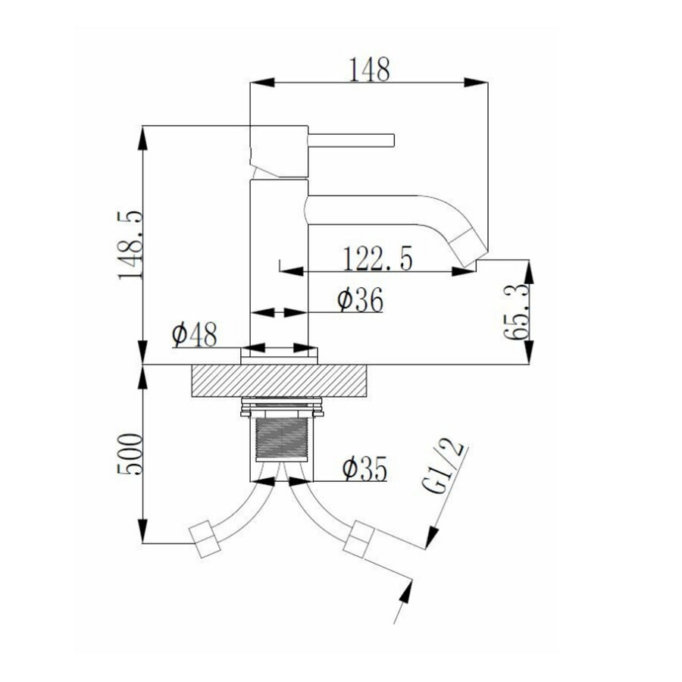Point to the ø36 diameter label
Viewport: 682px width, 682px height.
pos(359,301)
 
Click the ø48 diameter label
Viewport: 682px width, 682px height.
pos(194,333)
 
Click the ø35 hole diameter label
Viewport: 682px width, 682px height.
pos(364,469)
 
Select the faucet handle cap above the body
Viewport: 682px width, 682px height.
pos(278,151)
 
